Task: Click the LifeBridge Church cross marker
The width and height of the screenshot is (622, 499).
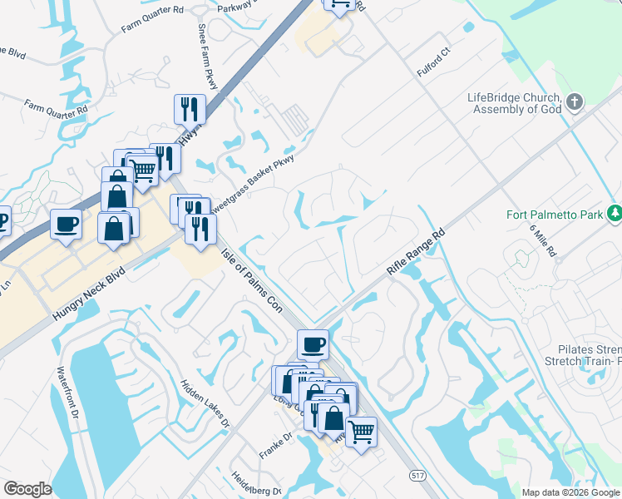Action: [x=574, y=104]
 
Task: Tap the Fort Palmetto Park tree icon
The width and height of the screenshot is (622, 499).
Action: [x=614, y=215]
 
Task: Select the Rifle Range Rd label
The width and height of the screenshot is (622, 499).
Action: [x=417, y=253]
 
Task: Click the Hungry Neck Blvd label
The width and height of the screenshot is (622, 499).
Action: [x=88, y=294]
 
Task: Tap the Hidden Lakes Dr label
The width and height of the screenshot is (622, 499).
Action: [x=205, y=405]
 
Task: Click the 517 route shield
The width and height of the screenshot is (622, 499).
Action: [x=417, y=474]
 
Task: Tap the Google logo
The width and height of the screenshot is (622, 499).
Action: [x=27, y=489]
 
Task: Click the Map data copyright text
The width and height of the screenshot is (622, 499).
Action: [x=570, y=492]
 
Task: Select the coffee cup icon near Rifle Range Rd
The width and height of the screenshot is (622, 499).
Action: [x=313, y=343]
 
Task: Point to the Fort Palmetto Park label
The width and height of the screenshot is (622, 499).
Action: [x=555, y=215]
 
